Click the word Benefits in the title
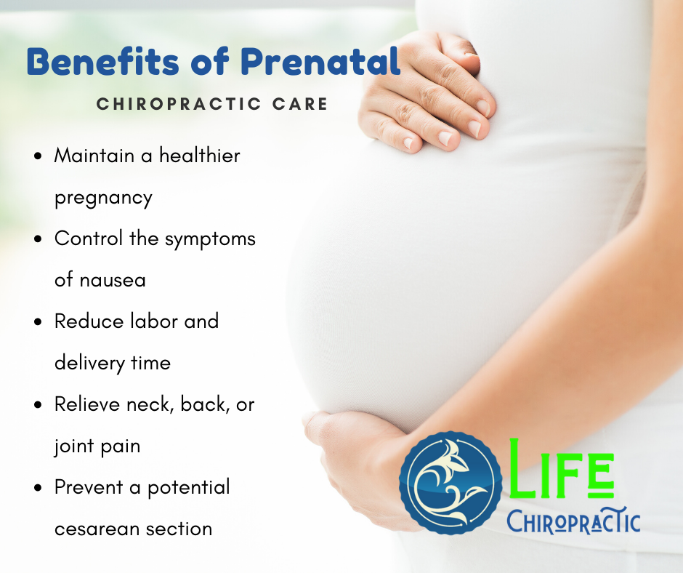(x=102, y=61)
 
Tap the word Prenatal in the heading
(x=320, y=61)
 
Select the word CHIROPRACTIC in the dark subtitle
(x=179, y=104)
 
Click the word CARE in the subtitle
(x=300, y=104)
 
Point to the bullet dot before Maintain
(x=39, y=156)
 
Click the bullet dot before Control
(x=39, y=239)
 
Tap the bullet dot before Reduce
(x=39, y=322)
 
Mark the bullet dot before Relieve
(x=39, y=405)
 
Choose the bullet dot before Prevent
(x=39, y=487)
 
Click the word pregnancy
(x=103, y=199)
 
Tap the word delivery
(x=89, y=364)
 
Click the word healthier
(x=200, y=155)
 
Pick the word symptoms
(x=210, y=240)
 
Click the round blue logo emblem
(x=450, y=483)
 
